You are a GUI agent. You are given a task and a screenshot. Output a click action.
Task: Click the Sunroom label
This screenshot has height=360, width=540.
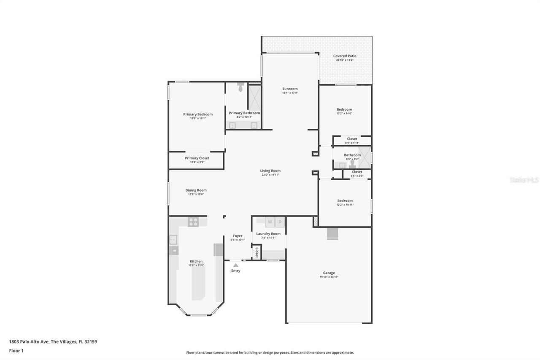(x=290, y=89)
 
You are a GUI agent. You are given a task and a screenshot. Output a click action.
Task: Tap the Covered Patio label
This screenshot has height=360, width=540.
(x=345, y=56)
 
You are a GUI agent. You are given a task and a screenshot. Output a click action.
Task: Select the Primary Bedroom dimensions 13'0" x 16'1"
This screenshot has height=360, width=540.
(x=198, y=119)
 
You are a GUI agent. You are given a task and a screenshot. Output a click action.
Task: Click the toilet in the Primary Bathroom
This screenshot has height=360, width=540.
(x=240, y=88)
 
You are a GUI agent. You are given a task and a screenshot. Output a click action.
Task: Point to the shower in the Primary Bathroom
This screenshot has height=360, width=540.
(x=254, y=97)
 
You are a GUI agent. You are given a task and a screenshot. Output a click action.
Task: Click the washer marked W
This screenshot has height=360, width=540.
(x=270, y=222)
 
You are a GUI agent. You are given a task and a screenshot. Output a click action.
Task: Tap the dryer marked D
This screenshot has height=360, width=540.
(x=280, y=222)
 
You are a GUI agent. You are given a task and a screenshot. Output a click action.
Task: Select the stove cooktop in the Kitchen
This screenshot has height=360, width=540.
(x=193, y=222)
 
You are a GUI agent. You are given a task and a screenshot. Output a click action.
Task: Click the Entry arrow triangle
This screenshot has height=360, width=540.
(x=235, y=265)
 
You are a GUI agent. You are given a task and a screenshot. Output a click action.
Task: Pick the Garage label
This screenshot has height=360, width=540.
(x=329, y=273)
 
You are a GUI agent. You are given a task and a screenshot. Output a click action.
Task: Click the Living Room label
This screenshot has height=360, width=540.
(x=270, y=171)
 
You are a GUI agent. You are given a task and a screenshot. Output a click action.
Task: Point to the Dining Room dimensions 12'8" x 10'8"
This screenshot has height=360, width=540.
(x=196, y=194)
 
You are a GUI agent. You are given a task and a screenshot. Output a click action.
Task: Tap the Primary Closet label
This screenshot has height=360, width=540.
(x=197, y=158)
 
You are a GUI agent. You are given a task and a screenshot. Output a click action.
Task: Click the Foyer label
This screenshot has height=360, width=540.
(x=238, y=235)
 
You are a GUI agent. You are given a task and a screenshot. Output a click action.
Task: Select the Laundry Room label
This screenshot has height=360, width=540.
(x=268, y=233)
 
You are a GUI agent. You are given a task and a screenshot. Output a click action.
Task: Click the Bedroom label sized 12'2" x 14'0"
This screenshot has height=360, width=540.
(x=344, y=109)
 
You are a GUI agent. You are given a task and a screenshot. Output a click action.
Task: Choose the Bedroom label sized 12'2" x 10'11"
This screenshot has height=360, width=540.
(x=345, y=200)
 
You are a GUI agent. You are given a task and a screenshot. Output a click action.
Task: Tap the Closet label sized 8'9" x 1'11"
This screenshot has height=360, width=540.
(x=352, y=138)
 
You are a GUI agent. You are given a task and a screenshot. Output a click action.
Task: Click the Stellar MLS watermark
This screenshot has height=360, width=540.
(x=524, y=180)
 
